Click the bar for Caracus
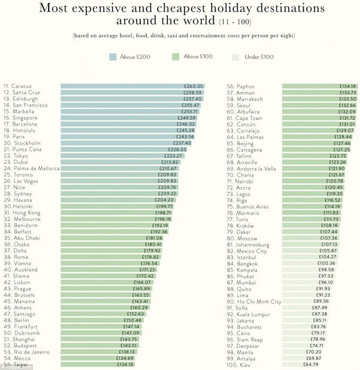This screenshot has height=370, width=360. pyautogui.click(x=132, y=86)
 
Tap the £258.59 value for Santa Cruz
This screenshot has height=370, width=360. pyautogui.click(x=193, y=92)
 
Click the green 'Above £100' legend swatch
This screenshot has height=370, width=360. pyautogui.click(x=175, y=57)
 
